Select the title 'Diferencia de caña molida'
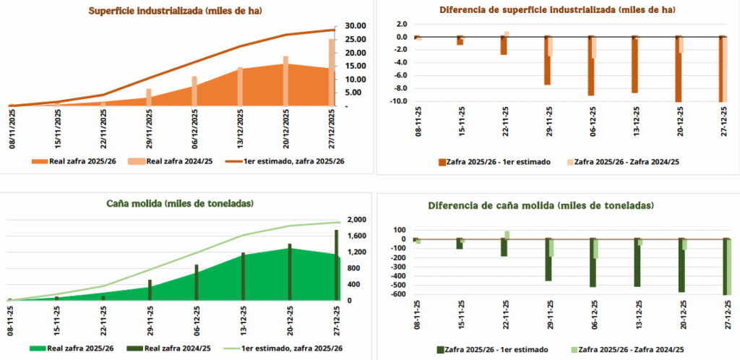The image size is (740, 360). (x=541, y=205)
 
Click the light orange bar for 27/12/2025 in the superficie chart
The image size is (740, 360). (x=332, y=72)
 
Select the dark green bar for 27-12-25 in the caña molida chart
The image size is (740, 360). (x=336, y=264)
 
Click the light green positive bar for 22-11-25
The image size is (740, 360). (x=507, y=234)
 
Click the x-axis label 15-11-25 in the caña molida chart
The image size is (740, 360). (x=56, y=319)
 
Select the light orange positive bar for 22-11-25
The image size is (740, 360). (x=507, y=33)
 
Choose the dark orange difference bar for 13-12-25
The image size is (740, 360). (x=635, y=64)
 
